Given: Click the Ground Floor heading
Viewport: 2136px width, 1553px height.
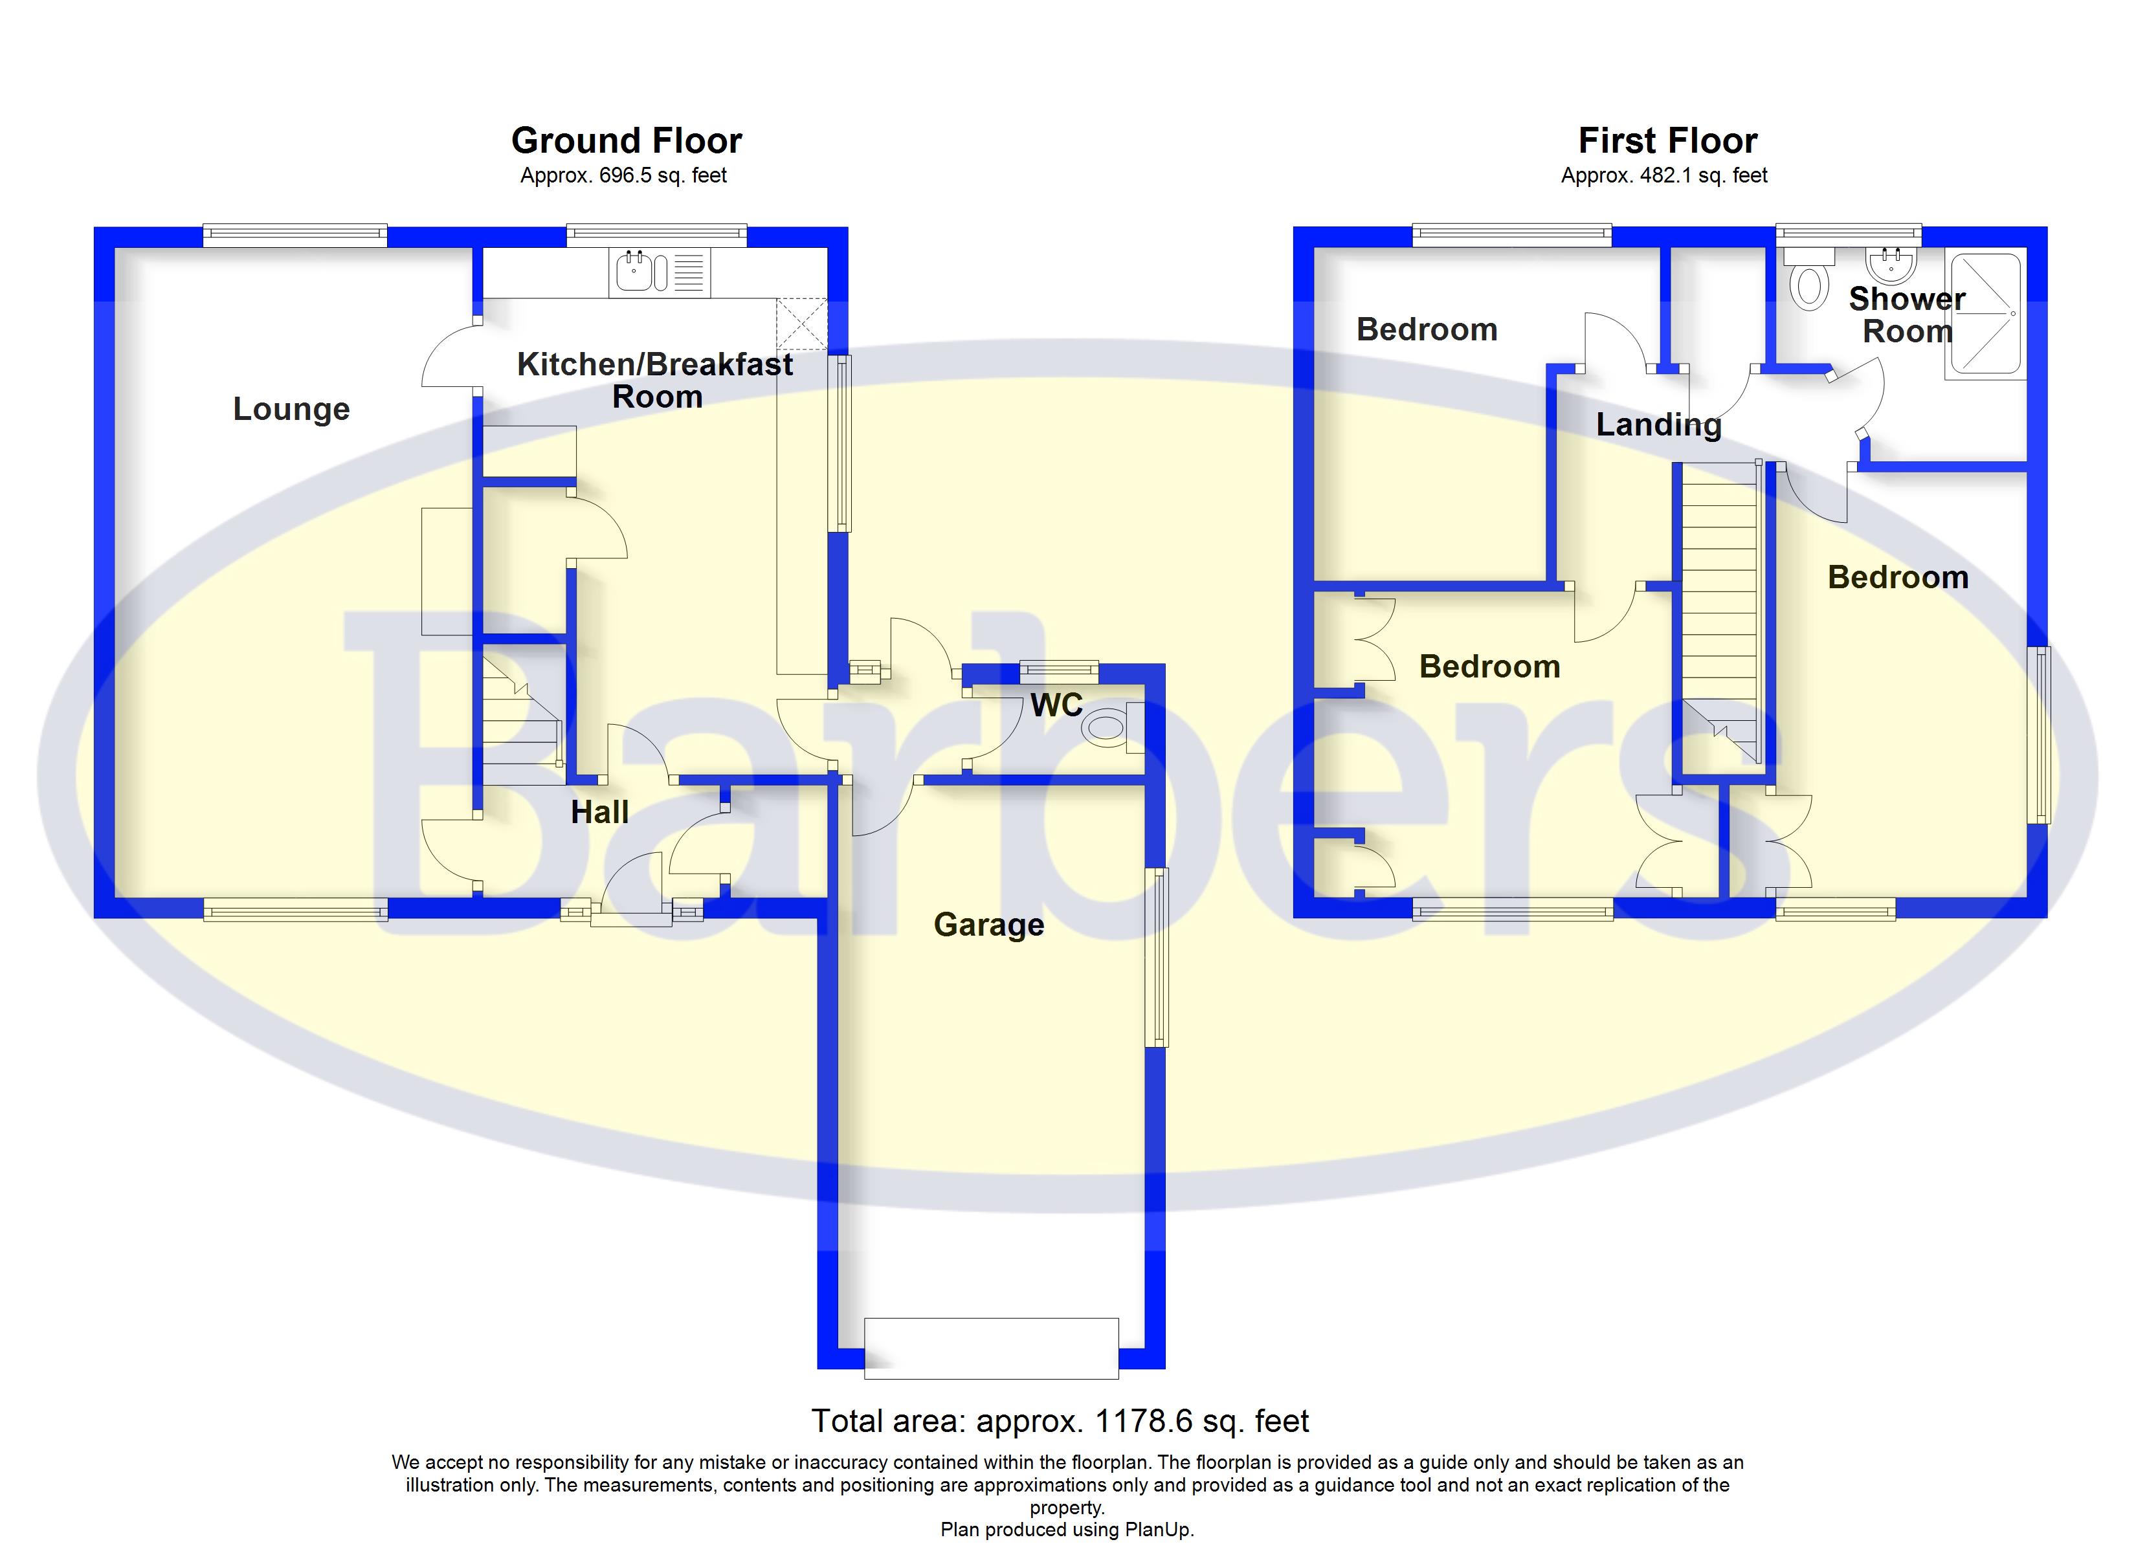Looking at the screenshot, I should [x=627, y=141].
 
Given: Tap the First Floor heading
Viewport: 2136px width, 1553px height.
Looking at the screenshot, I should [x=1667, y=141].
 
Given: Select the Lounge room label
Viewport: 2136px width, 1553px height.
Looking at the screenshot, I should [x=291, y=410].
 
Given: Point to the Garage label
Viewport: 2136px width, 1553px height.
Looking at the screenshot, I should [x=989, y=925].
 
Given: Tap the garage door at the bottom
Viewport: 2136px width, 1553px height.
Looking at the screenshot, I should [x=991, y=1348].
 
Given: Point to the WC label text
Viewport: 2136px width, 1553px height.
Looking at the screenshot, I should [x=1056, y=705].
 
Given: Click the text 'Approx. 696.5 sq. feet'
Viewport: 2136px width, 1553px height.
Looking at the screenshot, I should [x=623, y=176].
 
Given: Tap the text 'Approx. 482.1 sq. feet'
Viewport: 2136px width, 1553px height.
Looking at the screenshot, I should [x=1664, y=176].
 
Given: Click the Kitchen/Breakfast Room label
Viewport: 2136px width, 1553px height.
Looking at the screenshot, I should [x=656, y=380].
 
